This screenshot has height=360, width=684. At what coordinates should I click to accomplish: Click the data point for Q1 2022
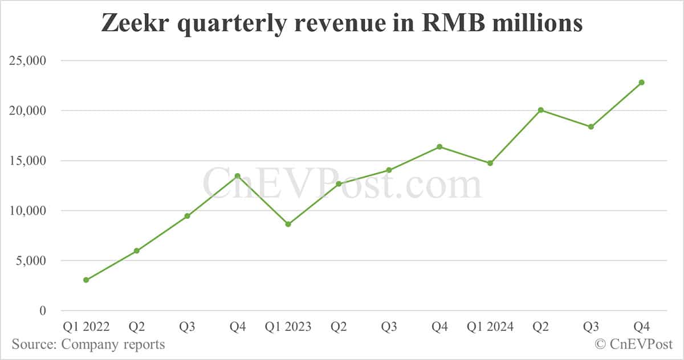86,280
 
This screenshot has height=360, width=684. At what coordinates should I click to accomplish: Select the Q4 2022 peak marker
238,176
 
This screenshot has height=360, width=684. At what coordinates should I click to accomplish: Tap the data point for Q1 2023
288,224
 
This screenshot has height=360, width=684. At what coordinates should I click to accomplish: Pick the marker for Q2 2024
540,110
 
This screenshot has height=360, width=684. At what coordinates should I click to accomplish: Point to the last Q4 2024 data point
641,83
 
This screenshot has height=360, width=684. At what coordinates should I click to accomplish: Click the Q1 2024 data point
490,163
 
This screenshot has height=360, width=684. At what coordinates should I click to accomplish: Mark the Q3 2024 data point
591,126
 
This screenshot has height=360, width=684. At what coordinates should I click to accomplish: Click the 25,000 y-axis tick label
28,60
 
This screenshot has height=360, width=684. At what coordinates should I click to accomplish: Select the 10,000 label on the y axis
28,211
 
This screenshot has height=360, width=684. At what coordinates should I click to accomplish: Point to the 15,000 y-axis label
28,161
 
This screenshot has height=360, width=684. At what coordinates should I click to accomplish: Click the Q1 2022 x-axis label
86,327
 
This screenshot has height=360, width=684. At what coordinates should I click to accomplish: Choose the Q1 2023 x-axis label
288,327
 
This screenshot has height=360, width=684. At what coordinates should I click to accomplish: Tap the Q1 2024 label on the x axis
490,327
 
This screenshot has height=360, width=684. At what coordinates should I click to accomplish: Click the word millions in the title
541,24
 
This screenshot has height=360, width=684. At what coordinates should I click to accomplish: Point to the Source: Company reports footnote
88,344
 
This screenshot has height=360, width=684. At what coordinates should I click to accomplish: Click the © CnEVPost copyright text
634,344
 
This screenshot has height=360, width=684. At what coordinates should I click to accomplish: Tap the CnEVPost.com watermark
342,184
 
